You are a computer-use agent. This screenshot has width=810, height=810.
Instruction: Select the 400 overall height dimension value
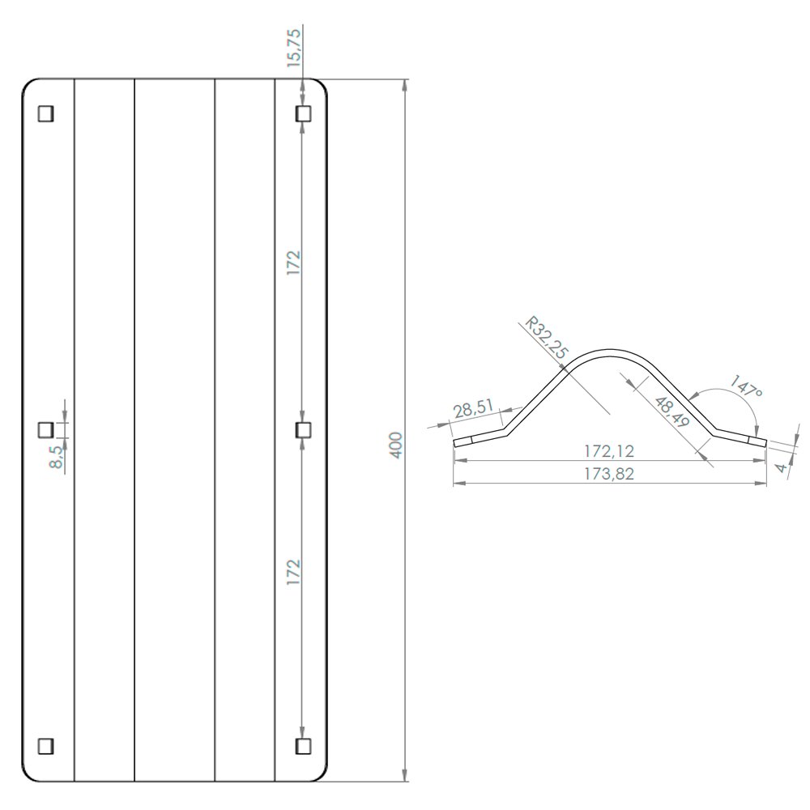[396, 445]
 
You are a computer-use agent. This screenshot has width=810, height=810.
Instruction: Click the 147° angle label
[747, 387]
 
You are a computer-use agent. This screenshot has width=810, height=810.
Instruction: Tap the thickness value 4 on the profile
[781, 467]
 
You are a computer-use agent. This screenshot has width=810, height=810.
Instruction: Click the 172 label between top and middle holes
[293, 264]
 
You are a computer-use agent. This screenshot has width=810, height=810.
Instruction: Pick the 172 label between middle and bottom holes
[293, 572]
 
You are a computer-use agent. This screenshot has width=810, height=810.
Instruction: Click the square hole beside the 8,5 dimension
[46, 428]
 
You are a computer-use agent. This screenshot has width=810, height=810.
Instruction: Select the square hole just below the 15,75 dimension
[303, 114]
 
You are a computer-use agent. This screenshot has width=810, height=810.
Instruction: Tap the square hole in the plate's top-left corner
[46, 114]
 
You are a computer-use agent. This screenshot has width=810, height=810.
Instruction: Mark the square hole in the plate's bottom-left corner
[46, 744]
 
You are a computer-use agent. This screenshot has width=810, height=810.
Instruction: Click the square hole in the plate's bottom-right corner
[303, 744]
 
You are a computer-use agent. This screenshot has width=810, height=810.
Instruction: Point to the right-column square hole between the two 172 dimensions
[303, 429]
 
